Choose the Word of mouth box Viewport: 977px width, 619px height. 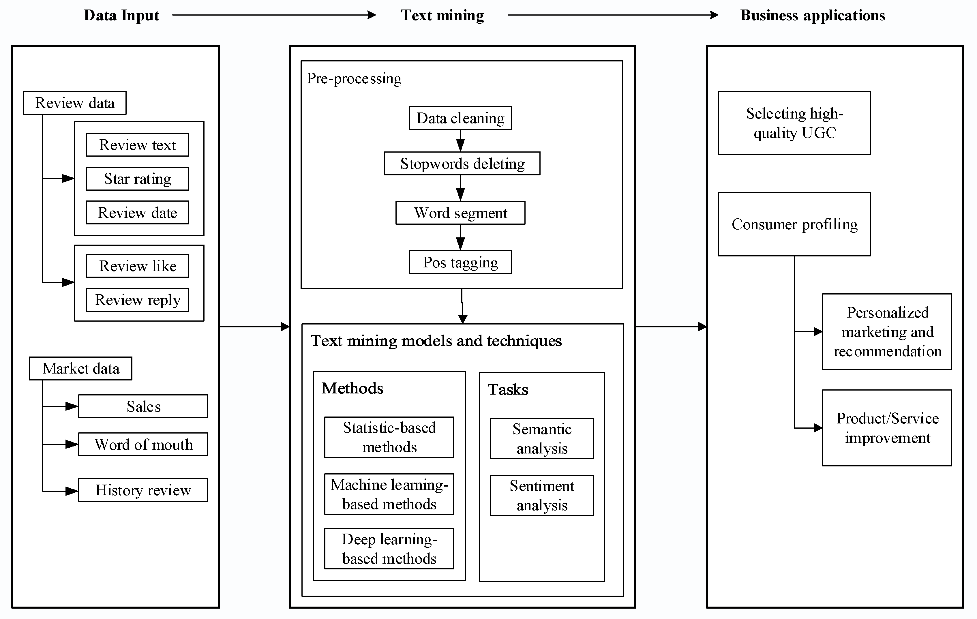point(143,444)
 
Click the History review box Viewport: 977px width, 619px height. point(143,490)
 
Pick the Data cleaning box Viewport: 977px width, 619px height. point(460,118)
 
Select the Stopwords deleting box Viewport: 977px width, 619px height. point(462,164)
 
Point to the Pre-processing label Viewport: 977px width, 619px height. point(354,78)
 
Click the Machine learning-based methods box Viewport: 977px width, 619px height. point(389,494)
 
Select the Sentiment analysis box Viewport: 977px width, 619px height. point(542,495)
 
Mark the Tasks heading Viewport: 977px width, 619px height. point(508,389)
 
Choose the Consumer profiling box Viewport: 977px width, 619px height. point(794,224)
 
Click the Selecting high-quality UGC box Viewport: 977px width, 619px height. point(794,123)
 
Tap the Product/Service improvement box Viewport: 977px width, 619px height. point(887,428)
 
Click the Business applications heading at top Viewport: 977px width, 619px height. point(812,15)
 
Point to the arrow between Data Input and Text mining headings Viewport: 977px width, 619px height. point(274,15)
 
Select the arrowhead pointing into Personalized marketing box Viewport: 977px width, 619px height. point(817,332)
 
